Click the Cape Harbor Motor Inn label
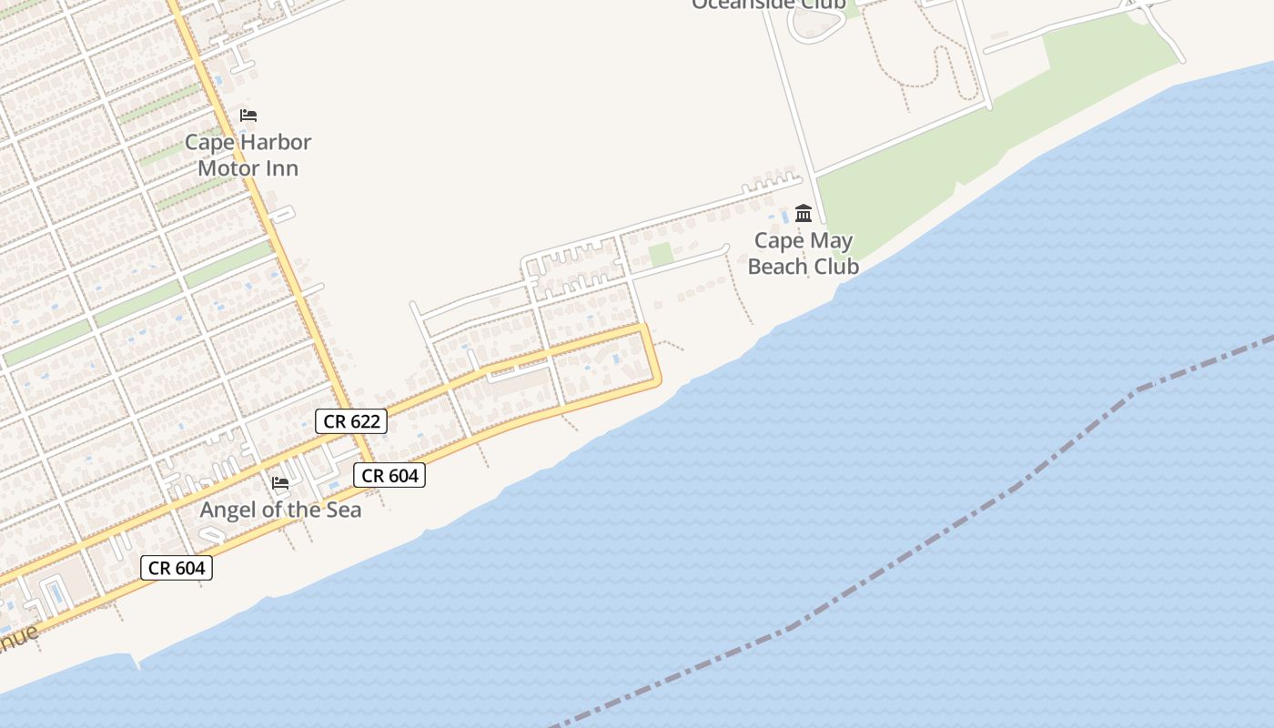coord(248,155)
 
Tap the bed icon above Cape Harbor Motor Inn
coord(248,116)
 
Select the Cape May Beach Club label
coord(804,253)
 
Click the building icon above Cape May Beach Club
coord(804,213)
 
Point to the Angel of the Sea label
coord(280,510)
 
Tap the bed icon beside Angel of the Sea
coord(280,482)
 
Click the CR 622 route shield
coord(351,421)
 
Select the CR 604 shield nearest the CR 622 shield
coord(389,475)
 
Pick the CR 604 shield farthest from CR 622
coord(177,568)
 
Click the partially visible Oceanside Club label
coord(768,5)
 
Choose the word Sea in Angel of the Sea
coord(341,510)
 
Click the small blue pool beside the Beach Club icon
coord(785,218)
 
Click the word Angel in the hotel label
coord(226,510)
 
